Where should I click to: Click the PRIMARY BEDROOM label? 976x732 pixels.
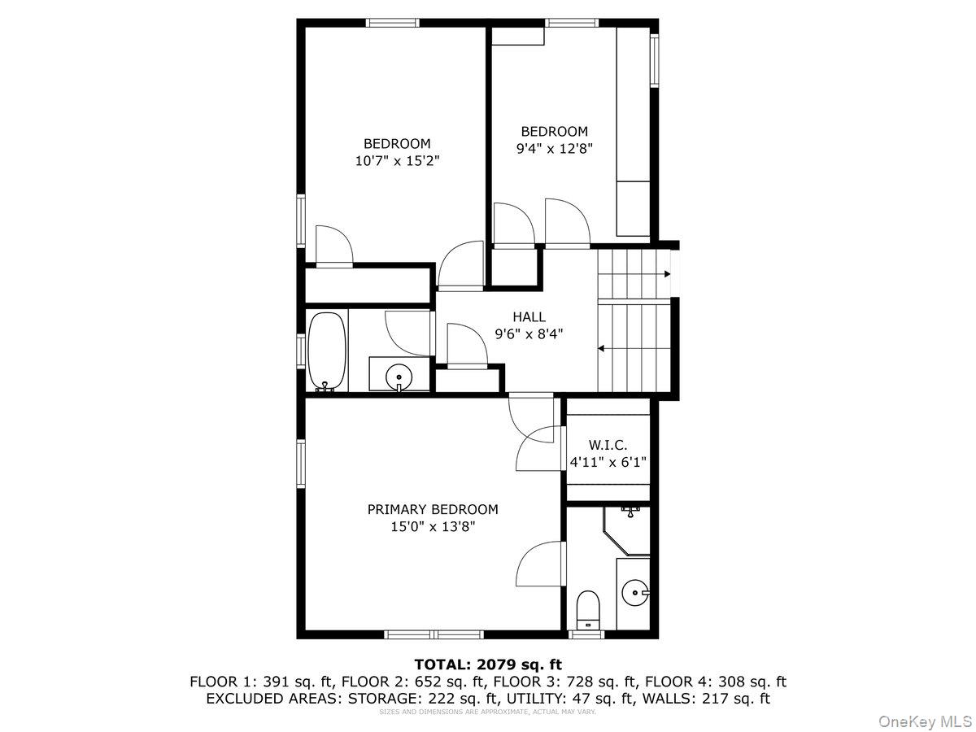[432, 509]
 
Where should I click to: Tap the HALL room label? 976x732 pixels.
[529, 317]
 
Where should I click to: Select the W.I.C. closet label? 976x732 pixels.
[608, 444]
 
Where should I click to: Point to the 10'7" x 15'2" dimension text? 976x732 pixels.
[397, 160]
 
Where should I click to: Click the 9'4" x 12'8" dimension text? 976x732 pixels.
[555, 148]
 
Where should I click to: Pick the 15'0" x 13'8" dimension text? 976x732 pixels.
[433, 527]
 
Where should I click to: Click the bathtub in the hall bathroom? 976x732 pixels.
[327, 351]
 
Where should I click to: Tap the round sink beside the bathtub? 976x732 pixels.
[399, 377]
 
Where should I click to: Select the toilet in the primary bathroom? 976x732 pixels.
[587, 608]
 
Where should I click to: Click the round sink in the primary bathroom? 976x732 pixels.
[635, 592]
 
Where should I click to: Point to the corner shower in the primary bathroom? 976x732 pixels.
[626, 530]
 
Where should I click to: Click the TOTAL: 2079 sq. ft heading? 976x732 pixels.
[488, 664]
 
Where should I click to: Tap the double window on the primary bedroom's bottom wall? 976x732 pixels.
[434, 634]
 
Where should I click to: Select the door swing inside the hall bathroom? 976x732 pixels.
[407, 333]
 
